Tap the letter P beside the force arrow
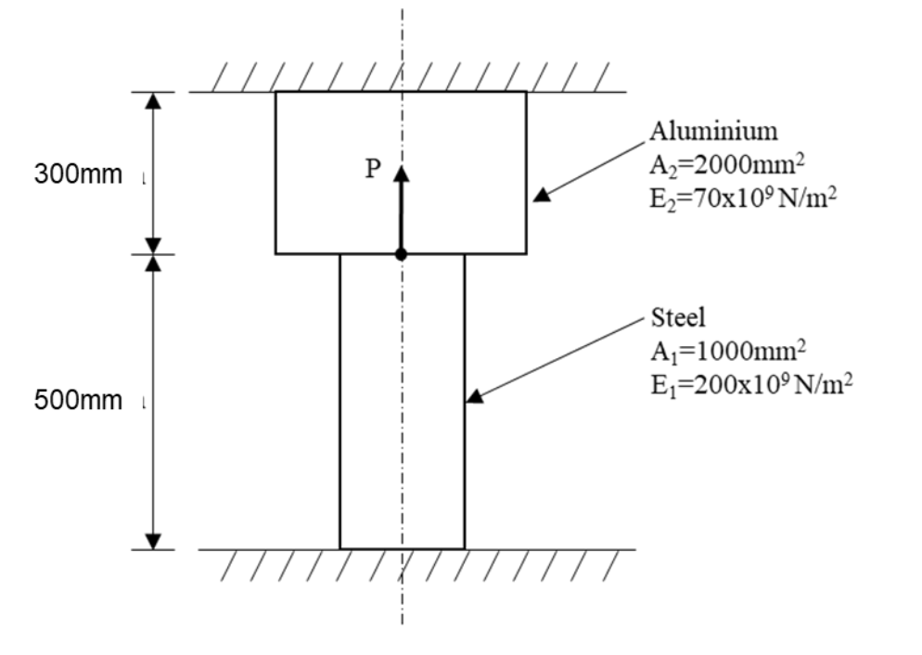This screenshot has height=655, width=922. coord(373,168)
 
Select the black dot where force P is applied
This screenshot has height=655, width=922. coord(401,254)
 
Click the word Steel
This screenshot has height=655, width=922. coord(678,317)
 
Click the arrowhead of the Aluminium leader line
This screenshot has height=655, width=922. coord(541,196)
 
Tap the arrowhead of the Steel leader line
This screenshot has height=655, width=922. coord(473,398)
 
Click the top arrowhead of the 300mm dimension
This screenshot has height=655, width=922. coord(155,100)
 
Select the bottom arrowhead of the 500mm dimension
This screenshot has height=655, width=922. coord(155,541)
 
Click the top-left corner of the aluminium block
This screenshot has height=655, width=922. coord(275,92)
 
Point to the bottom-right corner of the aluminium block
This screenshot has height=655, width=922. coord(526,253)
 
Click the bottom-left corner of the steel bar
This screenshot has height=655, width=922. coord(339,548)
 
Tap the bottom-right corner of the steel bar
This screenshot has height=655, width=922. coord(465,548)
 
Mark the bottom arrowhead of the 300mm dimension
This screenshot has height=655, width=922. coord(155,245)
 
